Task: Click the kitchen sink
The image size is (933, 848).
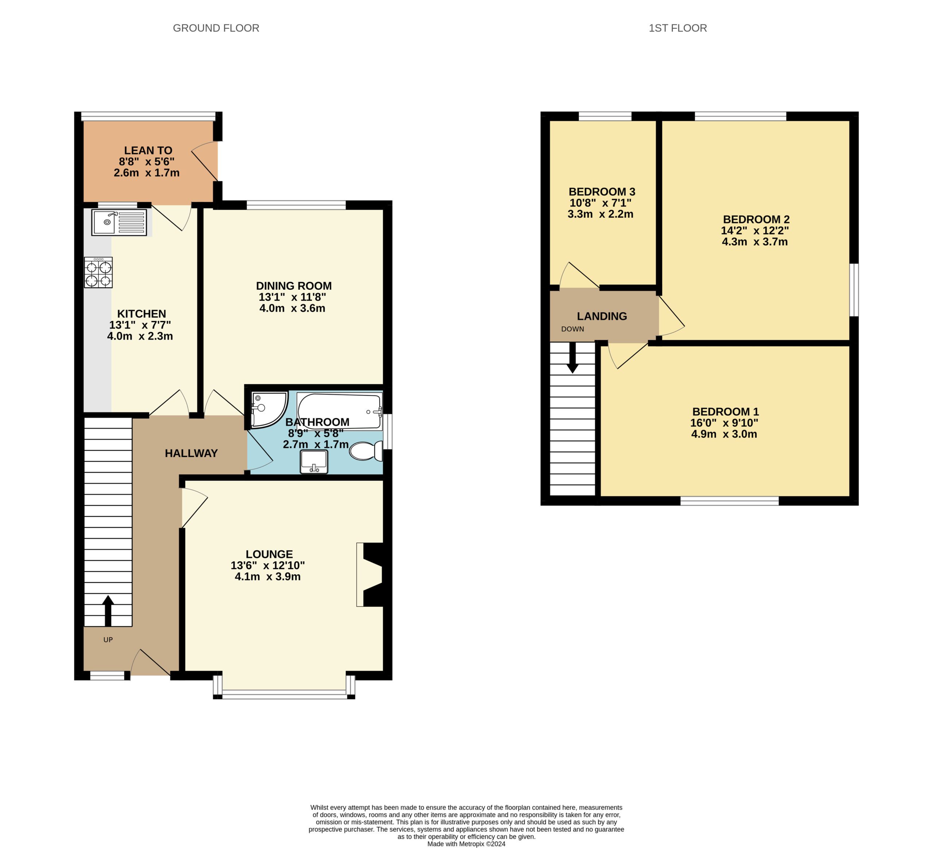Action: (119, 222)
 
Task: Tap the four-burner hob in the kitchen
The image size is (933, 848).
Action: (98, 273)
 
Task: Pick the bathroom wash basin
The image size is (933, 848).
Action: (314, 462)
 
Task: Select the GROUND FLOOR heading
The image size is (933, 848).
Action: (216, 28)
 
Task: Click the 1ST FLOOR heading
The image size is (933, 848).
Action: (678, 28)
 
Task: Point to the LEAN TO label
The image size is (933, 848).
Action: (148, 151)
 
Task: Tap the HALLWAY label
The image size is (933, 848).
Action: (191, 453)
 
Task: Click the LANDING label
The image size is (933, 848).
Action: (602, 316)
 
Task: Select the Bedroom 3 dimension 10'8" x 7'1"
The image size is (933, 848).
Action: (600, 203)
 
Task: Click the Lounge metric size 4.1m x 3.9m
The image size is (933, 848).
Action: (268, 576)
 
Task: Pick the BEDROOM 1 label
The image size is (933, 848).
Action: (725, 412)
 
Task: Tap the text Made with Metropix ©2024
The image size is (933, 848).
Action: (466, 844)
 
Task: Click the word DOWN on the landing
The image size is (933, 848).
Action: (573, 329)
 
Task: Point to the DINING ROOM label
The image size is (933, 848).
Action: (294, 285)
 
